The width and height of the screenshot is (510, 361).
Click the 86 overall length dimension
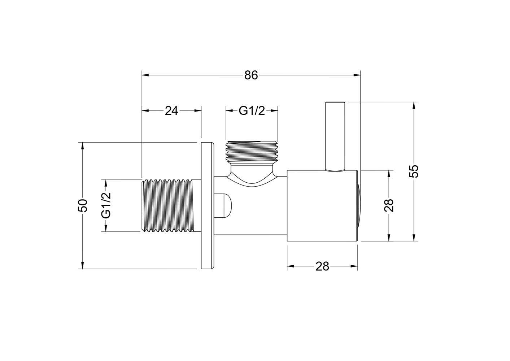(251, 75)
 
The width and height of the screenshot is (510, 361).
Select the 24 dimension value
(171, 111)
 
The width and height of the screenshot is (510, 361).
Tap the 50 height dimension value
(82, 206)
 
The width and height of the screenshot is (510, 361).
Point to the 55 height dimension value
(414, 171)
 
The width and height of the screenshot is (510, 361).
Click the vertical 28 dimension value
(389, 205)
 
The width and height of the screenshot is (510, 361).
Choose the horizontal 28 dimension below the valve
(322, 266)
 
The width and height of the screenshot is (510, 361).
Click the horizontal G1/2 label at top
(252, 111)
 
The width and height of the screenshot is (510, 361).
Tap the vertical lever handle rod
(336, 136)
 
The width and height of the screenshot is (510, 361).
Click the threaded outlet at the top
(252, 152)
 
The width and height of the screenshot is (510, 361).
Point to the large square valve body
(322, 205)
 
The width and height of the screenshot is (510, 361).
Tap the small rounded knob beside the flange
(224, 205)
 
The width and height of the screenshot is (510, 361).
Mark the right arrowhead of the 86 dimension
(357, 75)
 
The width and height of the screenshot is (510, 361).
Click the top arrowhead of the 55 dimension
(414, 105)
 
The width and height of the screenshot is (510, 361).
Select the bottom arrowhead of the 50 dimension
(82, 266)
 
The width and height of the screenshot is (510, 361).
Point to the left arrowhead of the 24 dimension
(145, 111)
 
